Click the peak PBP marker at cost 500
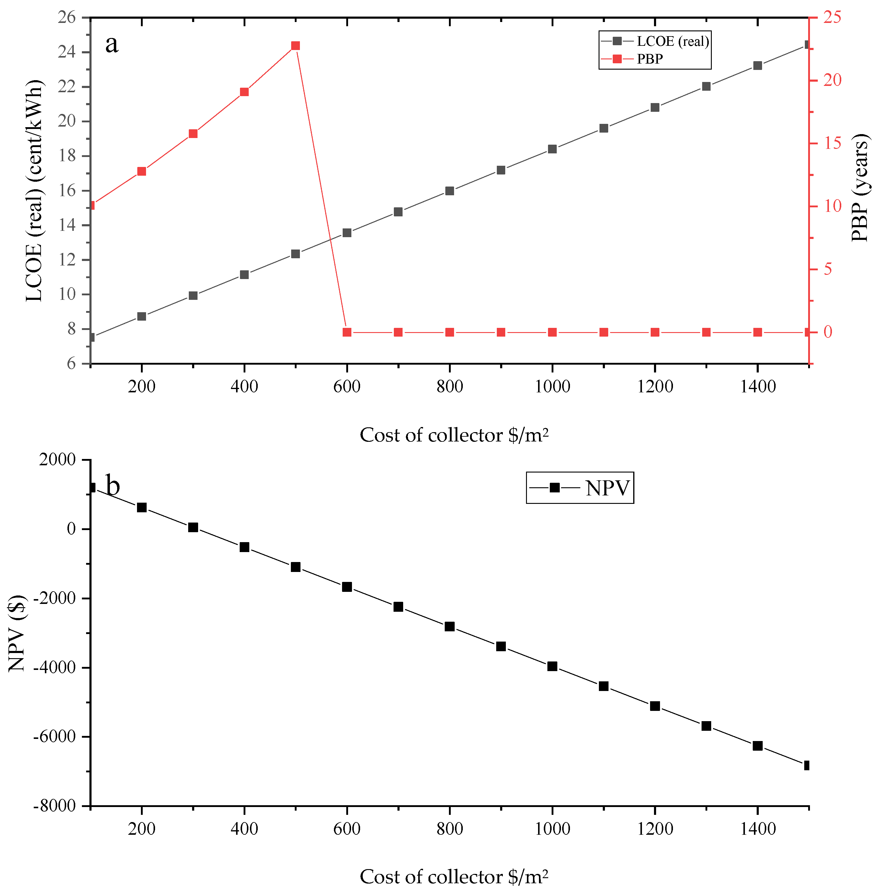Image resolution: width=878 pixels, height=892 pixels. tap(296, 46)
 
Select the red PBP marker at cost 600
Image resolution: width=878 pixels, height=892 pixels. tap(347, 332)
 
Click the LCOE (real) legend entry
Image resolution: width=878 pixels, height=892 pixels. tap(672, 42)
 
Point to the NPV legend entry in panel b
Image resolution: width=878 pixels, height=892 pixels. tap(607, 488)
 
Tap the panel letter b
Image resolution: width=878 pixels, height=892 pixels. tap(113, 485)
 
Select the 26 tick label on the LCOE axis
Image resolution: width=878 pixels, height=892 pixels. tap(67, 17)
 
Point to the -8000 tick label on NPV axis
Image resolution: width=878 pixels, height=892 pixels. tap(54, 806)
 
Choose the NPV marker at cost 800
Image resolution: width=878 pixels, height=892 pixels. tap(450, 626)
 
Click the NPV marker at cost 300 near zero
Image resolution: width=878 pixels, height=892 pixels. tap(193, 527)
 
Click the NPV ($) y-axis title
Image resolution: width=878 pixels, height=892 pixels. tap(17, 633)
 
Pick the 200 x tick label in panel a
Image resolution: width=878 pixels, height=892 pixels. tap(142, 387)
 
